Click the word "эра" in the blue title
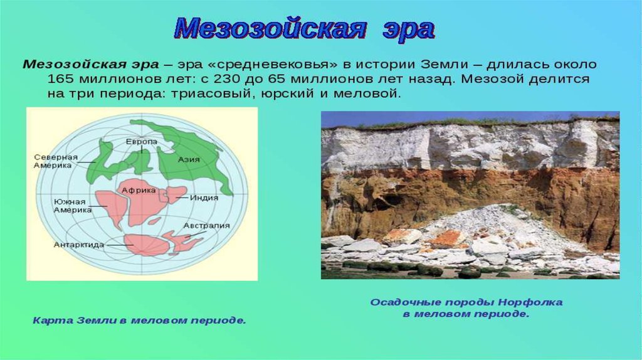408,29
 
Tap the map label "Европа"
142,141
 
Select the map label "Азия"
189,159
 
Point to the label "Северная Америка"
55,161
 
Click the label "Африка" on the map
139,191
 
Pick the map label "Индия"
204,198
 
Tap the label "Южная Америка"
73,206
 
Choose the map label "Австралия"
207,226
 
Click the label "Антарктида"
79,245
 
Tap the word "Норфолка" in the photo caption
530,302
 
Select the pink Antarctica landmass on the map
147,245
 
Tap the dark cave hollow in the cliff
391,200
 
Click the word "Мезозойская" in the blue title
270,29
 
